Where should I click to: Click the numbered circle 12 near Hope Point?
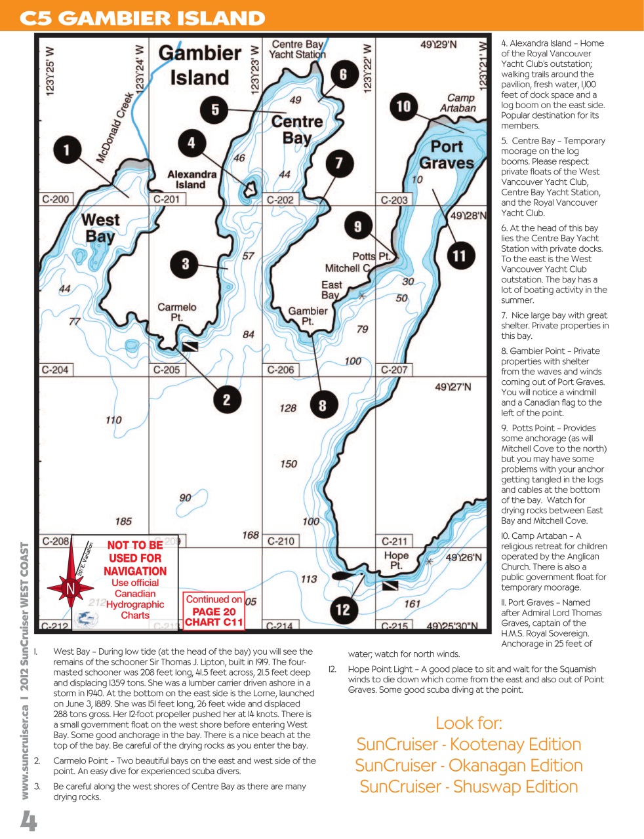343,609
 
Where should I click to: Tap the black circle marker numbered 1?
66,150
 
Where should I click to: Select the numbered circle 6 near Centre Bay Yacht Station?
343,74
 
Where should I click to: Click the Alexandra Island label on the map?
191,180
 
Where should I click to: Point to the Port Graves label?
447,155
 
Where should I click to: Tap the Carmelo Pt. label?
176,312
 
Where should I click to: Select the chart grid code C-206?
281,370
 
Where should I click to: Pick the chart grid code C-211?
394,541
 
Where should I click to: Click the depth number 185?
123,521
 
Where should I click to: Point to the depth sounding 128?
288,408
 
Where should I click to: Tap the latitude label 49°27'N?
453,387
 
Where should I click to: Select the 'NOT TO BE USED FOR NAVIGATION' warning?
135,558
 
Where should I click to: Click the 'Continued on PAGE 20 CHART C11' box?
214,611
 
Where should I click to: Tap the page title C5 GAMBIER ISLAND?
142,18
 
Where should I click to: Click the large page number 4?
28,820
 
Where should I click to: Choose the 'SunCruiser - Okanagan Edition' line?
468,766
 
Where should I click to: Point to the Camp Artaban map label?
458,103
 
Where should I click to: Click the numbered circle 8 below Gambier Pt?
322,406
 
